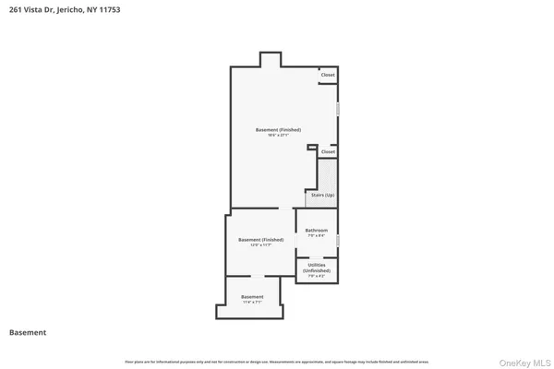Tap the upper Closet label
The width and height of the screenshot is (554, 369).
tap(328, 75)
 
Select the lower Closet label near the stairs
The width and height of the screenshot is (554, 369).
tap(328, 151)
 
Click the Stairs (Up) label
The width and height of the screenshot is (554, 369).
tap(322, 196)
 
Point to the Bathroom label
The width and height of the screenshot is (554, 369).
tap(317, 231)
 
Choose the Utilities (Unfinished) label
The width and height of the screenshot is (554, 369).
tap(317, 268)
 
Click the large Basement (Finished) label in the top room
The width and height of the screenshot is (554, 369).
tap(278, 130)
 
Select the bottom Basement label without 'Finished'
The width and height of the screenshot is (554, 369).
tap(252, 296)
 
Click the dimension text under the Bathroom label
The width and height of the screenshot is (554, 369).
tap(317, 237)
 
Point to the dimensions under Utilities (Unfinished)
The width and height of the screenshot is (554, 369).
tap(317, 276)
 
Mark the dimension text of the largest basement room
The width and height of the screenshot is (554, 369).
tap(278, 137)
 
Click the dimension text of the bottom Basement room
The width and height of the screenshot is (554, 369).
tap(252, 303)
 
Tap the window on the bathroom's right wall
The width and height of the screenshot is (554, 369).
tap(339, 241)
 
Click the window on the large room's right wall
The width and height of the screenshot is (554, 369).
tap(338, 109)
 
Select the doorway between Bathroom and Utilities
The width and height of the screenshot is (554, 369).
tap(317, 257)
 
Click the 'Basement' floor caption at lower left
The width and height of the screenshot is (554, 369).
tap(28, 332)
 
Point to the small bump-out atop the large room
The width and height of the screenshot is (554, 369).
tap(270, 60)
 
